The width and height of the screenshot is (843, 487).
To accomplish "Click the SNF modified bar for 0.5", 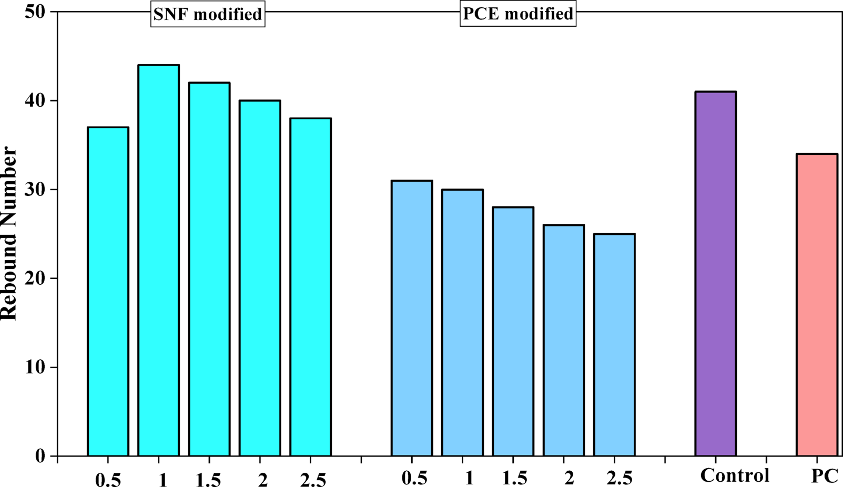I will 108,292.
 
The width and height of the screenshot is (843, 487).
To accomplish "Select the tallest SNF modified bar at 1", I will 158,261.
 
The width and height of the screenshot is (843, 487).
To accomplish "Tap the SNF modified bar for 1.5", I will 209,270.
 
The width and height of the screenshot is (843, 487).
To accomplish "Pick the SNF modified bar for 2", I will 260,278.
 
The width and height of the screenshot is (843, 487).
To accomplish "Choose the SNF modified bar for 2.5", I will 310,287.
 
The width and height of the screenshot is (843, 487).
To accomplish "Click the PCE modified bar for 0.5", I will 412,318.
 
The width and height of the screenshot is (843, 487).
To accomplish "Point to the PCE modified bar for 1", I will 462,323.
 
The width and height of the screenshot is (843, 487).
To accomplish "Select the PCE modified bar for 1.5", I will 513,331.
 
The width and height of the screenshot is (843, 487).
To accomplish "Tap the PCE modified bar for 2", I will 564,340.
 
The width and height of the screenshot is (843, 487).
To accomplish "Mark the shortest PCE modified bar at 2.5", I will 614,345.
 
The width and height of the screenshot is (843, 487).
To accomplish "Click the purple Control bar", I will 715,274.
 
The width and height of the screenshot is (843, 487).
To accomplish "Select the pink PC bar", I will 817,305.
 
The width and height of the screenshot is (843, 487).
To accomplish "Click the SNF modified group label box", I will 208,14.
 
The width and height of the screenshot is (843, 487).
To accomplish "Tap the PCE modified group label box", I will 518,14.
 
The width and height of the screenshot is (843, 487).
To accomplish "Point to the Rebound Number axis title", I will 9,234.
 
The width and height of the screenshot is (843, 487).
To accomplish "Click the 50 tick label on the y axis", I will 35,12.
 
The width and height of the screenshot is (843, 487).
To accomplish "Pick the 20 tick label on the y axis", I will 35,278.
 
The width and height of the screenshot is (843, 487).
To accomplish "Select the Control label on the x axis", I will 735,475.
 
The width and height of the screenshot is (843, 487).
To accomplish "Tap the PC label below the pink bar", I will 824,476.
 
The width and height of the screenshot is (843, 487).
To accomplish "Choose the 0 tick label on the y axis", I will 40,456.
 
